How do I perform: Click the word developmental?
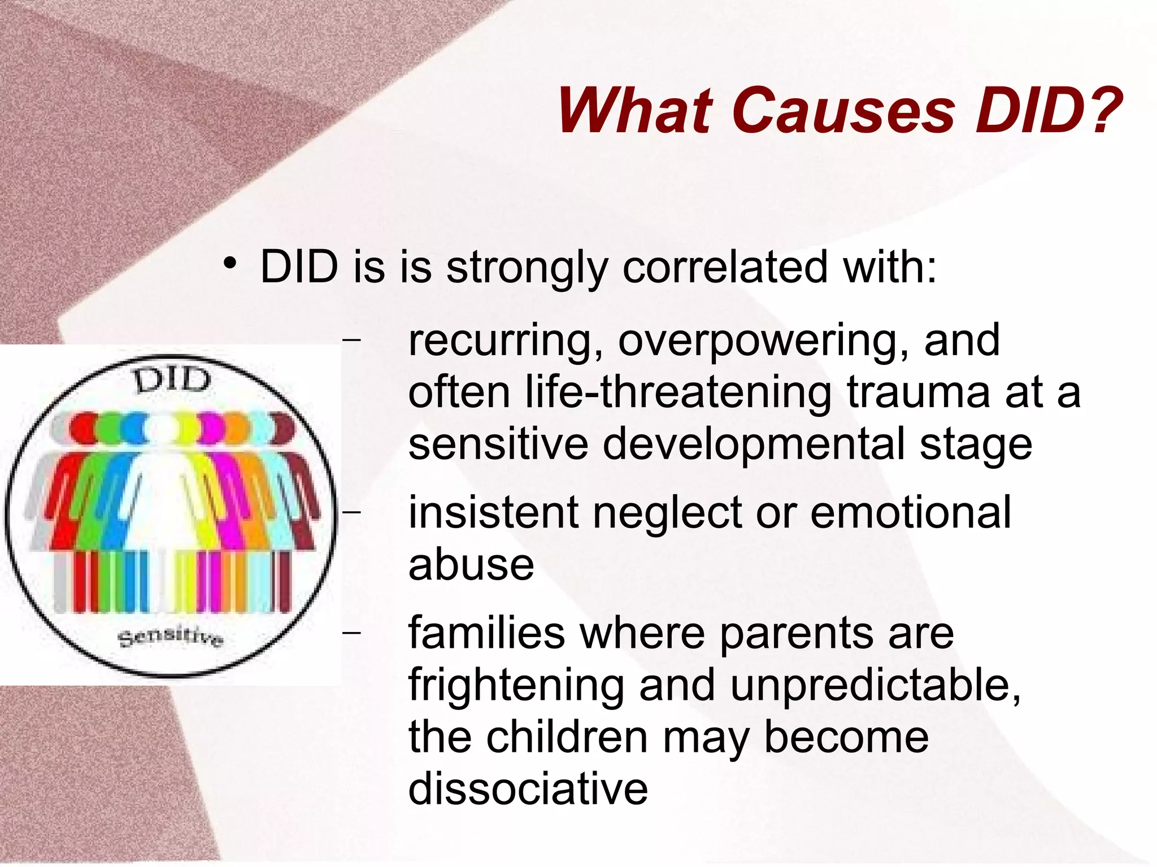[x=754, y=445]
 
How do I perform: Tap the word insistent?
[x=494, y=513]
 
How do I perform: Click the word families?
[x=486, y=633]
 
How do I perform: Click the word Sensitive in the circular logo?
[x=171, y=637]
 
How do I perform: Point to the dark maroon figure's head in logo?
[x=284, y=429]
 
